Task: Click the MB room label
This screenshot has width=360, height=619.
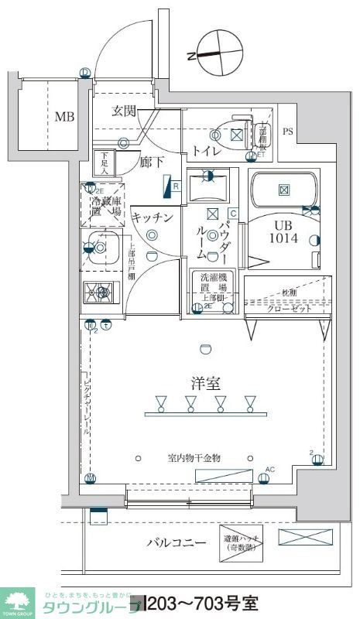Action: (x=64, y=118)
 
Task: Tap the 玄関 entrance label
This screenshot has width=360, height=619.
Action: (x=124, y=111)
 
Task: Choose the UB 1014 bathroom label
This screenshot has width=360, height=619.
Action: (x=283, y=231)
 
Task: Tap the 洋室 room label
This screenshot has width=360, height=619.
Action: (x=205, y=382)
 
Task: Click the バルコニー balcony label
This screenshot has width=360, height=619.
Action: (x=176, y=542)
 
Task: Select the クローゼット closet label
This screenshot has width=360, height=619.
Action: (x=290, y=308)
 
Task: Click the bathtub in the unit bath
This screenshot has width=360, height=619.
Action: (x=283, y=190)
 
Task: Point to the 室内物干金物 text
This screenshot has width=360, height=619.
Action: (x=194, y=459)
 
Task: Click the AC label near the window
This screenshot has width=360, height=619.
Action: (x=270, y=470)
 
